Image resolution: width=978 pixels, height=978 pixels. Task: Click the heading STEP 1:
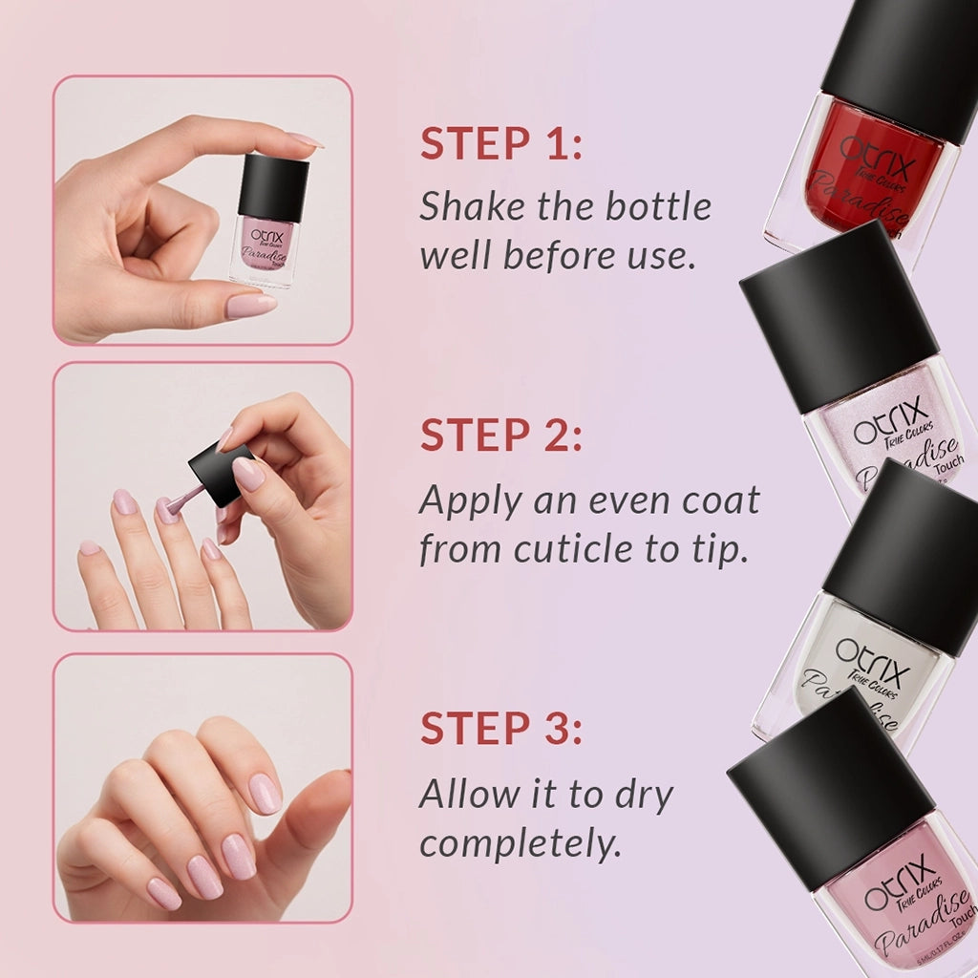pos(500,143)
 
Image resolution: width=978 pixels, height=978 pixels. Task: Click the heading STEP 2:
pos(500,436)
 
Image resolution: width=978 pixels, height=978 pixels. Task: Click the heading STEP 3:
pos(500,728)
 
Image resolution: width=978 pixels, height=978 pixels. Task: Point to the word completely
pos(521,844)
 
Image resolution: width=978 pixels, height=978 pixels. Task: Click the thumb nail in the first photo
pos(250,305)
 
